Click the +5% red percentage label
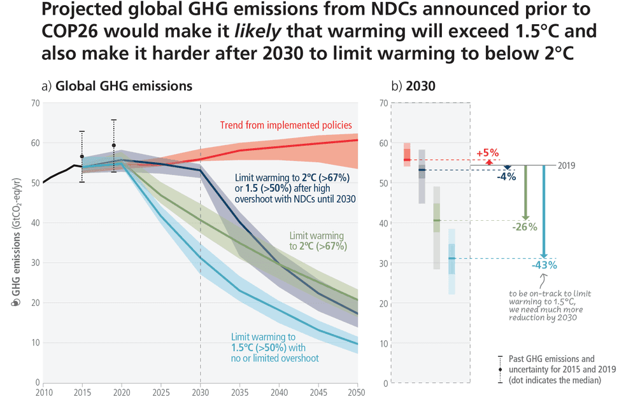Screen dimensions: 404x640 point(488,153)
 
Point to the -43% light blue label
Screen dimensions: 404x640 point(544,265)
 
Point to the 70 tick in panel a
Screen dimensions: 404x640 point(34,103)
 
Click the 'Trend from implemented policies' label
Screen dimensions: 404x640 point(286,125)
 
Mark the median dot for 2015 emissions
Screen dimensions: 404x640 point(82,157)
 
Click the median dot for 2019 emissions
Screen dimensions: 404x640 point(113,145)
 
